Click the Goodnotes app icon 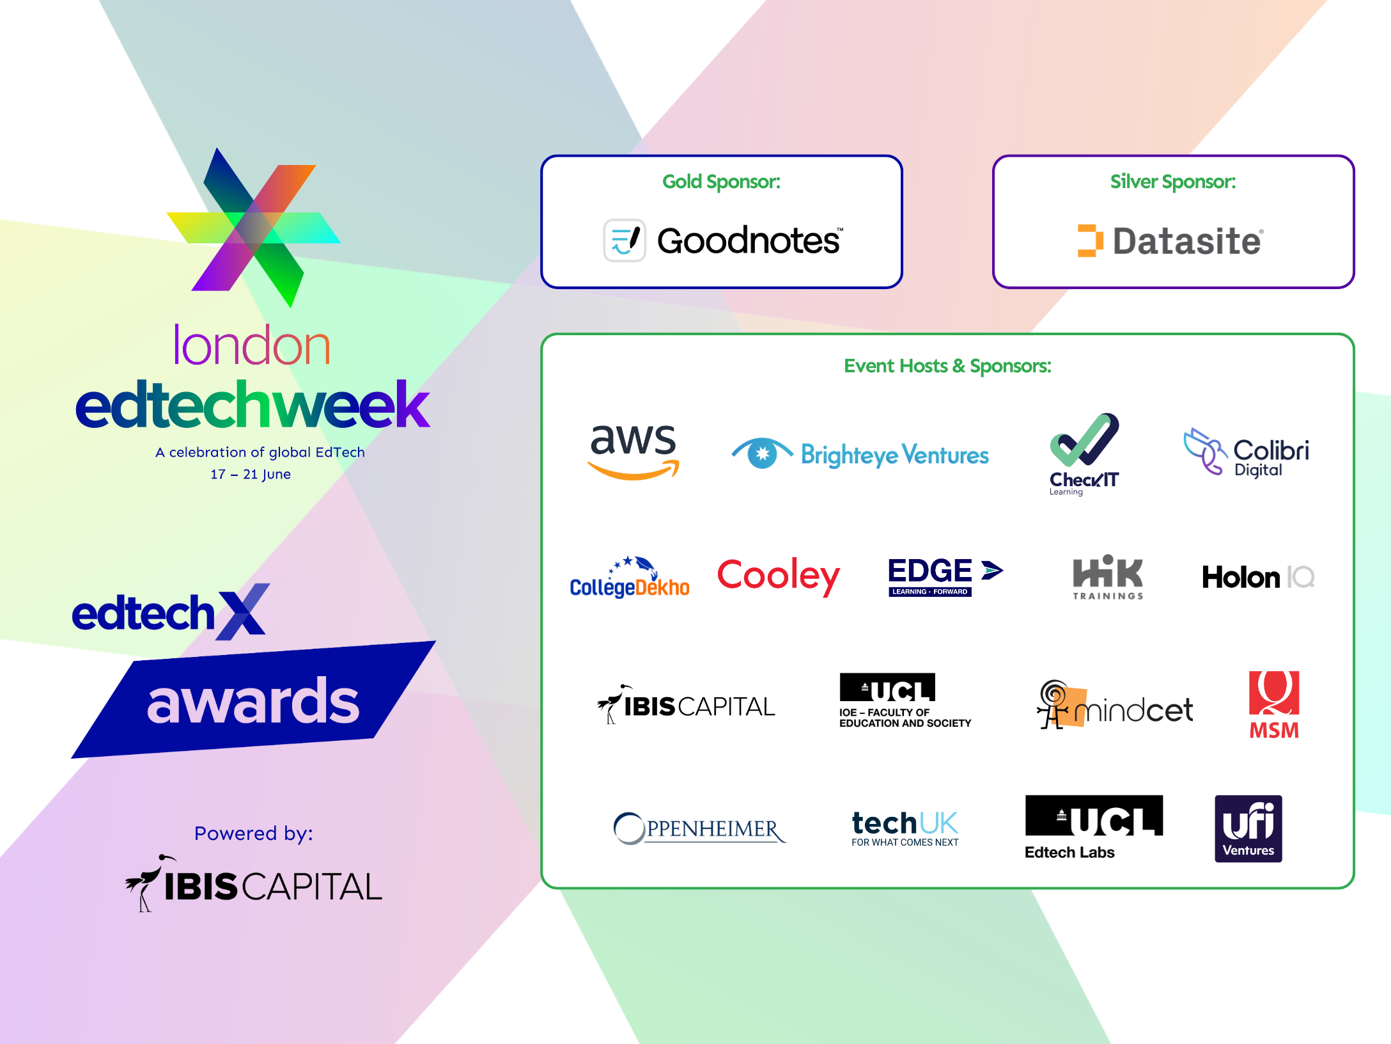(x=625, y=241)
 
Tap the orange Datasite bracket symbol (x=1091, y=241)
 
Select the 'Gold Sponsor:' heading (x=722, y=182)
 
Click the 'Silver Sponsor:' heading (x=1173, y=182)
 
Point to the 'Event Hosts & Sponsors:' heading (x=947, y=366)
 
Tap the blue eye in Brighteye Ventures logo (x=762, y=454)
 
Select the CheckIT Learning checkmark (x=1084, y=439)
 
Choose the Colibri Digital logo (x=1246, y=452)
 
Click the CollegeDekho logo (x=630, y=577)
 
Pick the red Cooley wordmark (x=779, y=576)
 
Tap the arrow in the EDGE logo (x=992, y=570)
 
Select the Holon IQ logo (x=1258, y=577)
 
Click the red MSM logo (x=1274, y=705)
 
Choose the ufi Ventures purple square (x=1248, y=829)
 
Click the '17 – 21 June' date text (x=251, y=474)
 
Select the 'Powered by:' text (x=254, y=834)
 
